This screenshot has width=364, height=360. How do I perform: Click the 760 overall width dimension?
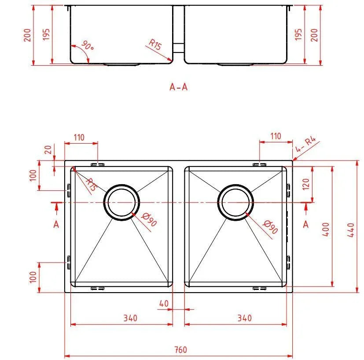(x=180, y=350)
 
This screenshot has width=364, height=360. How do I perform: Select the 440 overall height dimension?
(x=351, y=229)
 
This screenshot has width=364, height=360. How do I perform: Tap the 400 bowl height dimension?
(x=326, y=229)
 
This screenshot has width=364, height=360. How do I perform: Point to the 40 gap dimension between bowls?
(x=164, y=304)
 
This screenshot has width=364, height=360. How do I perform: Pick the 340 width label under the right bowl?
(x=244, y=318)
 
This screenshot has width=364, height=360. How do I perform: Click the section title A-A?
(x=178, y=87)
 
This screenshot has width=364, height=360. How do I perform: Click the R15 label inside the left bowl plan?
(x=90, y=184)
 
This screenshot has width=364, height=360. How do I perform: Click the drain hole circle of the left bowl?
(x=121, y=202)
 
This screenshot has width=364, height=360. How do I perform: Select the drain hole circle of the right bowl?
(x=237, y=202)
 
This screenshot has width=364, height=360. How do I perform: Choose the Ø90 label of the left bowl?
(x=150, y=219)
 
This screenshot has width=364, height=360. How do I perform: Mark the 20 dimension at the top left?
(x=48, y=150)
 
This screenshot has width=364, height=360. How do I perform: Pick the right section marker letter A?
(x=306, y=224)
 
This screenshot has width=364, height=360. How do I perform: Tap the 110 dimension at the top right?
(x=276, y=136)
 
